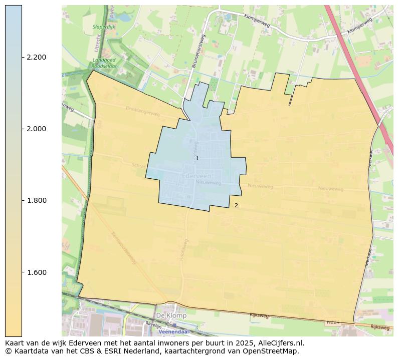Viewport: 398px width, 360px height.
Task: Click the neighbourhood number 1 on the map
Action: pyautogui.click(x=197, y=158)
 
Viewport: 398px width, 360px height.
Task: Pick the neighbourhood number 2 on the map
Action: pyautogui.click(x=236, y=205)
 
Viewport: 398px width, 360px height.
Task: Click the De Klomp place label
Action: pyautogui.click(x=171, y=316)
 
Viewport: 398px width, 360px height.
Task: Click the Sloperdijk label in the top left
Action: pyautogui.click(x=104, y=27)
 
